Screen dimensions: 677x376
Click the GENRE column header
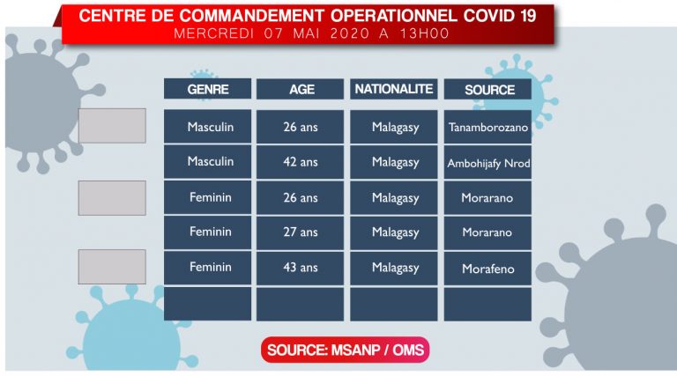(x=207, y=89)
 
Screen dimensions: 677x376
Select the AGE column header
(x=300, y=89)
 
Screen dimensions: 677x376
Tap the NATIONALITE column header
(x=394, y=89)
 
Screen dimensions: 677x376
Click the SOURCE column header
(x=487, y=89)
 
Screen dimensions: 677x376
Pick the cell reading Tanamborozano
(x=487, y=127)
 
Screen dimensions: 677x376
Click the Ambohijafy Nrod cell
(x=487, y=162)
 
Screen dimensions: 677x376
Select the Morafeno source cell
(x=487, y=269)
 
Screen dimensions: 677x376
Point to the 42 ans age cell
(x=300, y=162)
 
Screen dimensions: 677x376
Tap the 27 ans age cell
(x=300, y=232)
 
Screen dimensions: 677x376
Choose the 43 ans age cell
(x=300, y=269)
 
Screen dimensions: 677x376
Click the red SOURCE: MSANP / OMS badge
(x=345, y=350)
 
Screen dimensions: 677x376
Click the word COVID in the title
(x=489, y=16)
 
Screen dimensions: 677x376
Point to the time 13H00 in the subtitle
(x=424, y=33)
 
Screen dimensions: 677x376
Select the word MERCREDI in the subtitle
(x=213, y=33)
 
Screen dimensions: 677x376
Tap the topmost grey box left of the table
(x=112, y=125)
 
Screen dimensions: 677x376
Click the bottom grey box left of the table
(x=112, y=267)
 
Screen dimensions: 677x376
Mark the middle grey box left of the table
(x=112, y=198)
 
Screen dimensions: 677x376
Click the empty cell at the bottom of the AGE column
(x=300, y=304)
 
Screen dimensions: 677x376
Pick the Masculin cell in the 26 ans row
(x=207, y=127)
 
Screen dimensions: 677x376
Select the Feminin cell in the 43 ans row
(x=207, y=269)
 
